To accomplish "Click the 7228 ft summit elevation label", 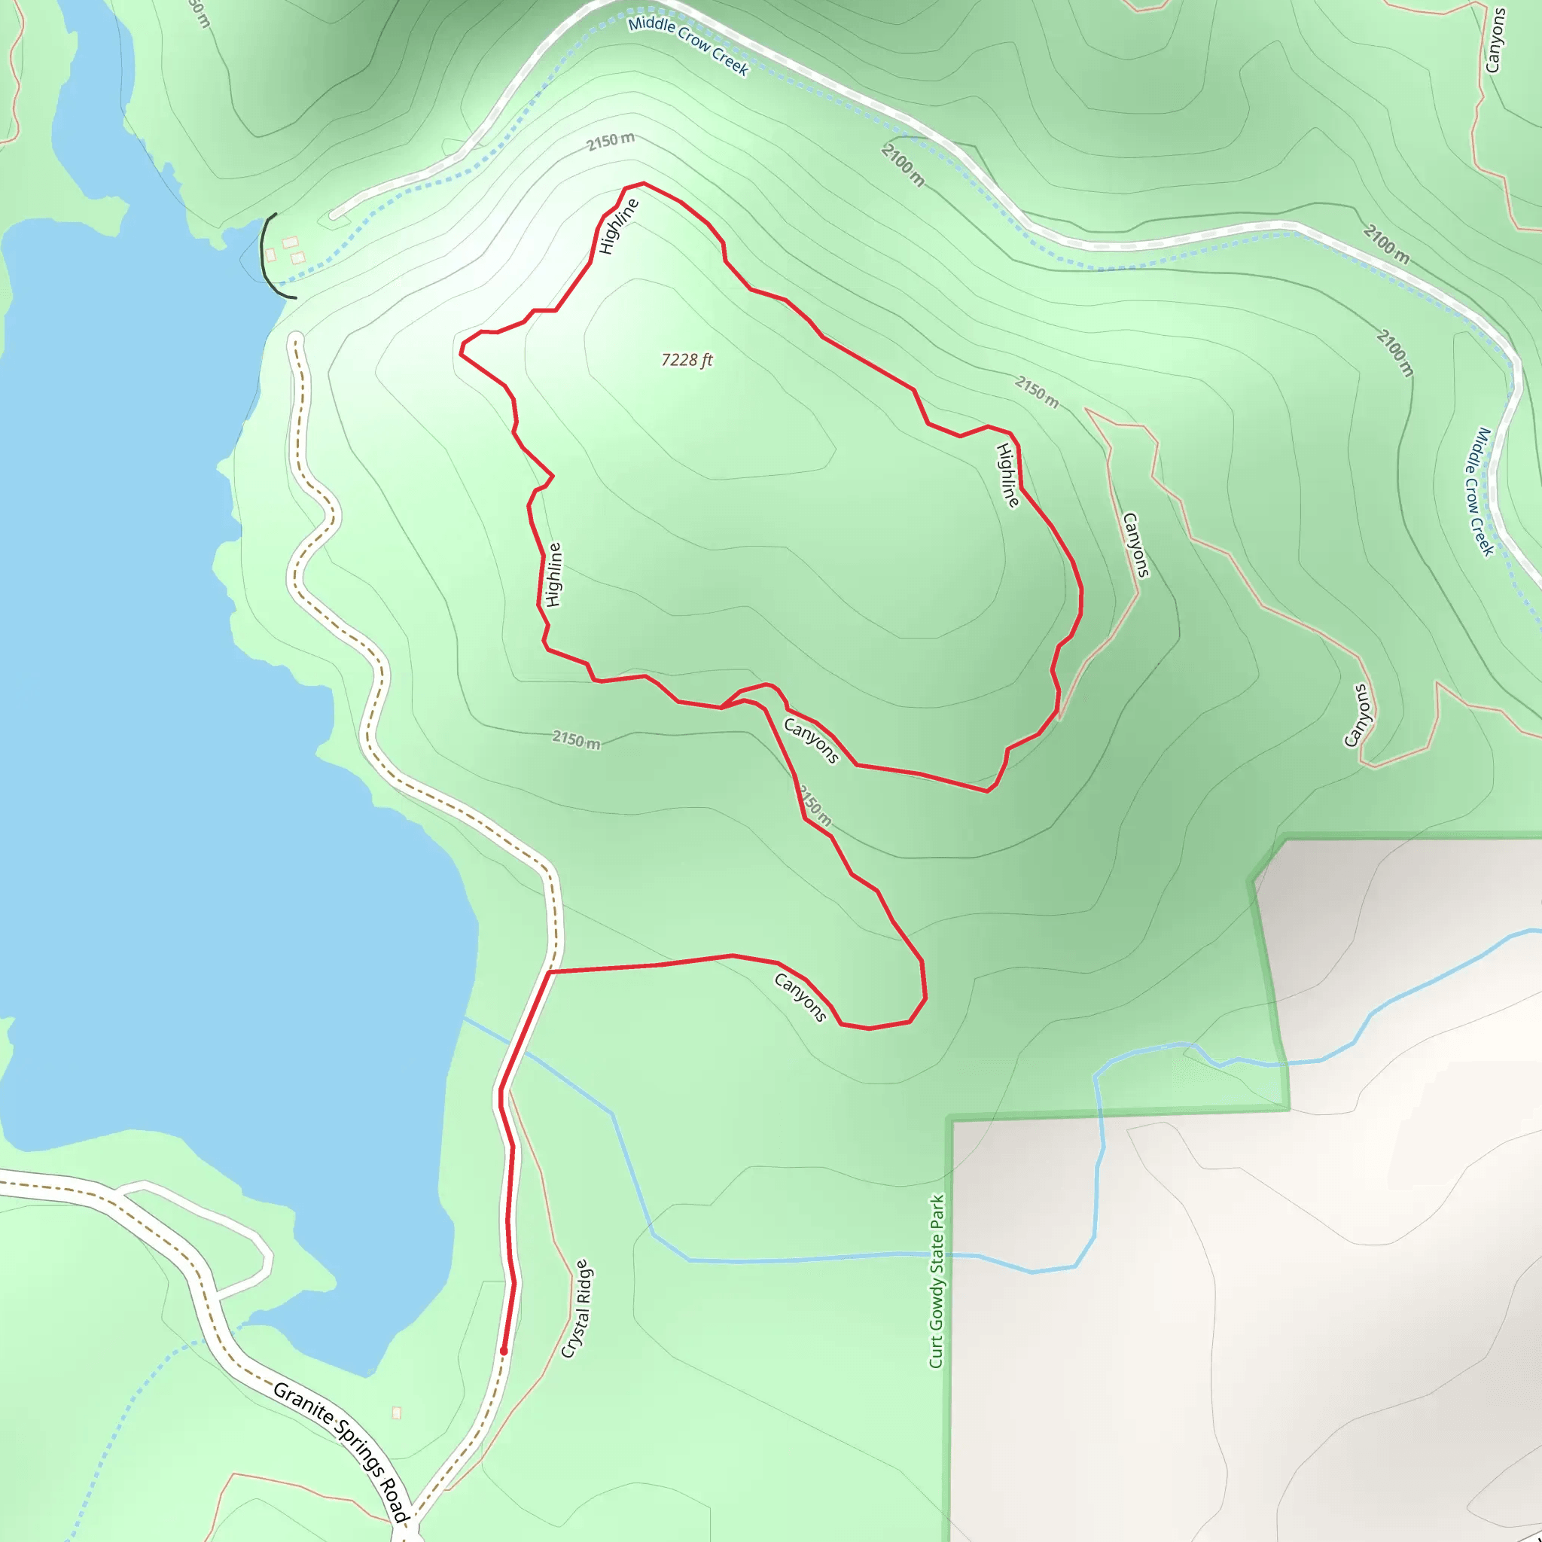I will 687,360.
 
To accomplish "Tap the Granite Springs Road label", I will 341,1451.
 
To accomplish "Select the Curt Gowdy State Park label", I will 937,1280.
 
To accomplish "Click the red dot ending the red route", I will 504,1351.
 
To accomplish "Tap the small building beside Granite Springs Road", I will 397,1412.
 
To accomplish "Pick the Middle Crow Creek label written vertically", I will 1478,491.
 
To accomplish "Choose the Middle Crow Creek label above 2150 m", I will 688,45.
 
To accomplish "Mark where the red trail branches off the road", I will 550,971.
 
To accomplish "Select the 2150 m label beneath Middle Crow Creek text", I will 611,142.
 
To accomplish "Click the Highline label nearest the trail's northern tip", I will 619,226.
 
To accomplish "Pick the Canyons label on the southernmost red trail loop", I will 800,997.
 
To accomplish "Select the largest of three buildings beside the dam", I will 290,242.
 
